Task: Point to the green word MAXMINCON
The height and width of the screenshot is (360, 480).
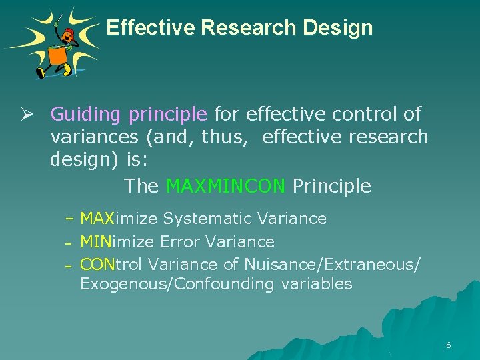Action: tap(226, 186)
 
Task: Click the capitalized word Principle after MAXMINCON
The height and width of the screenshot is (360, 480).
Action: tap(331, 186)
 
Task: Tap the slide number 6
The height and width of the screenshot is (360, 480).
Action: tap(448, 345)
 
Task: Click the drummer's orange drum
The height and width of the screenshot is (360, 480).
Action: tap(57, 55)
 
